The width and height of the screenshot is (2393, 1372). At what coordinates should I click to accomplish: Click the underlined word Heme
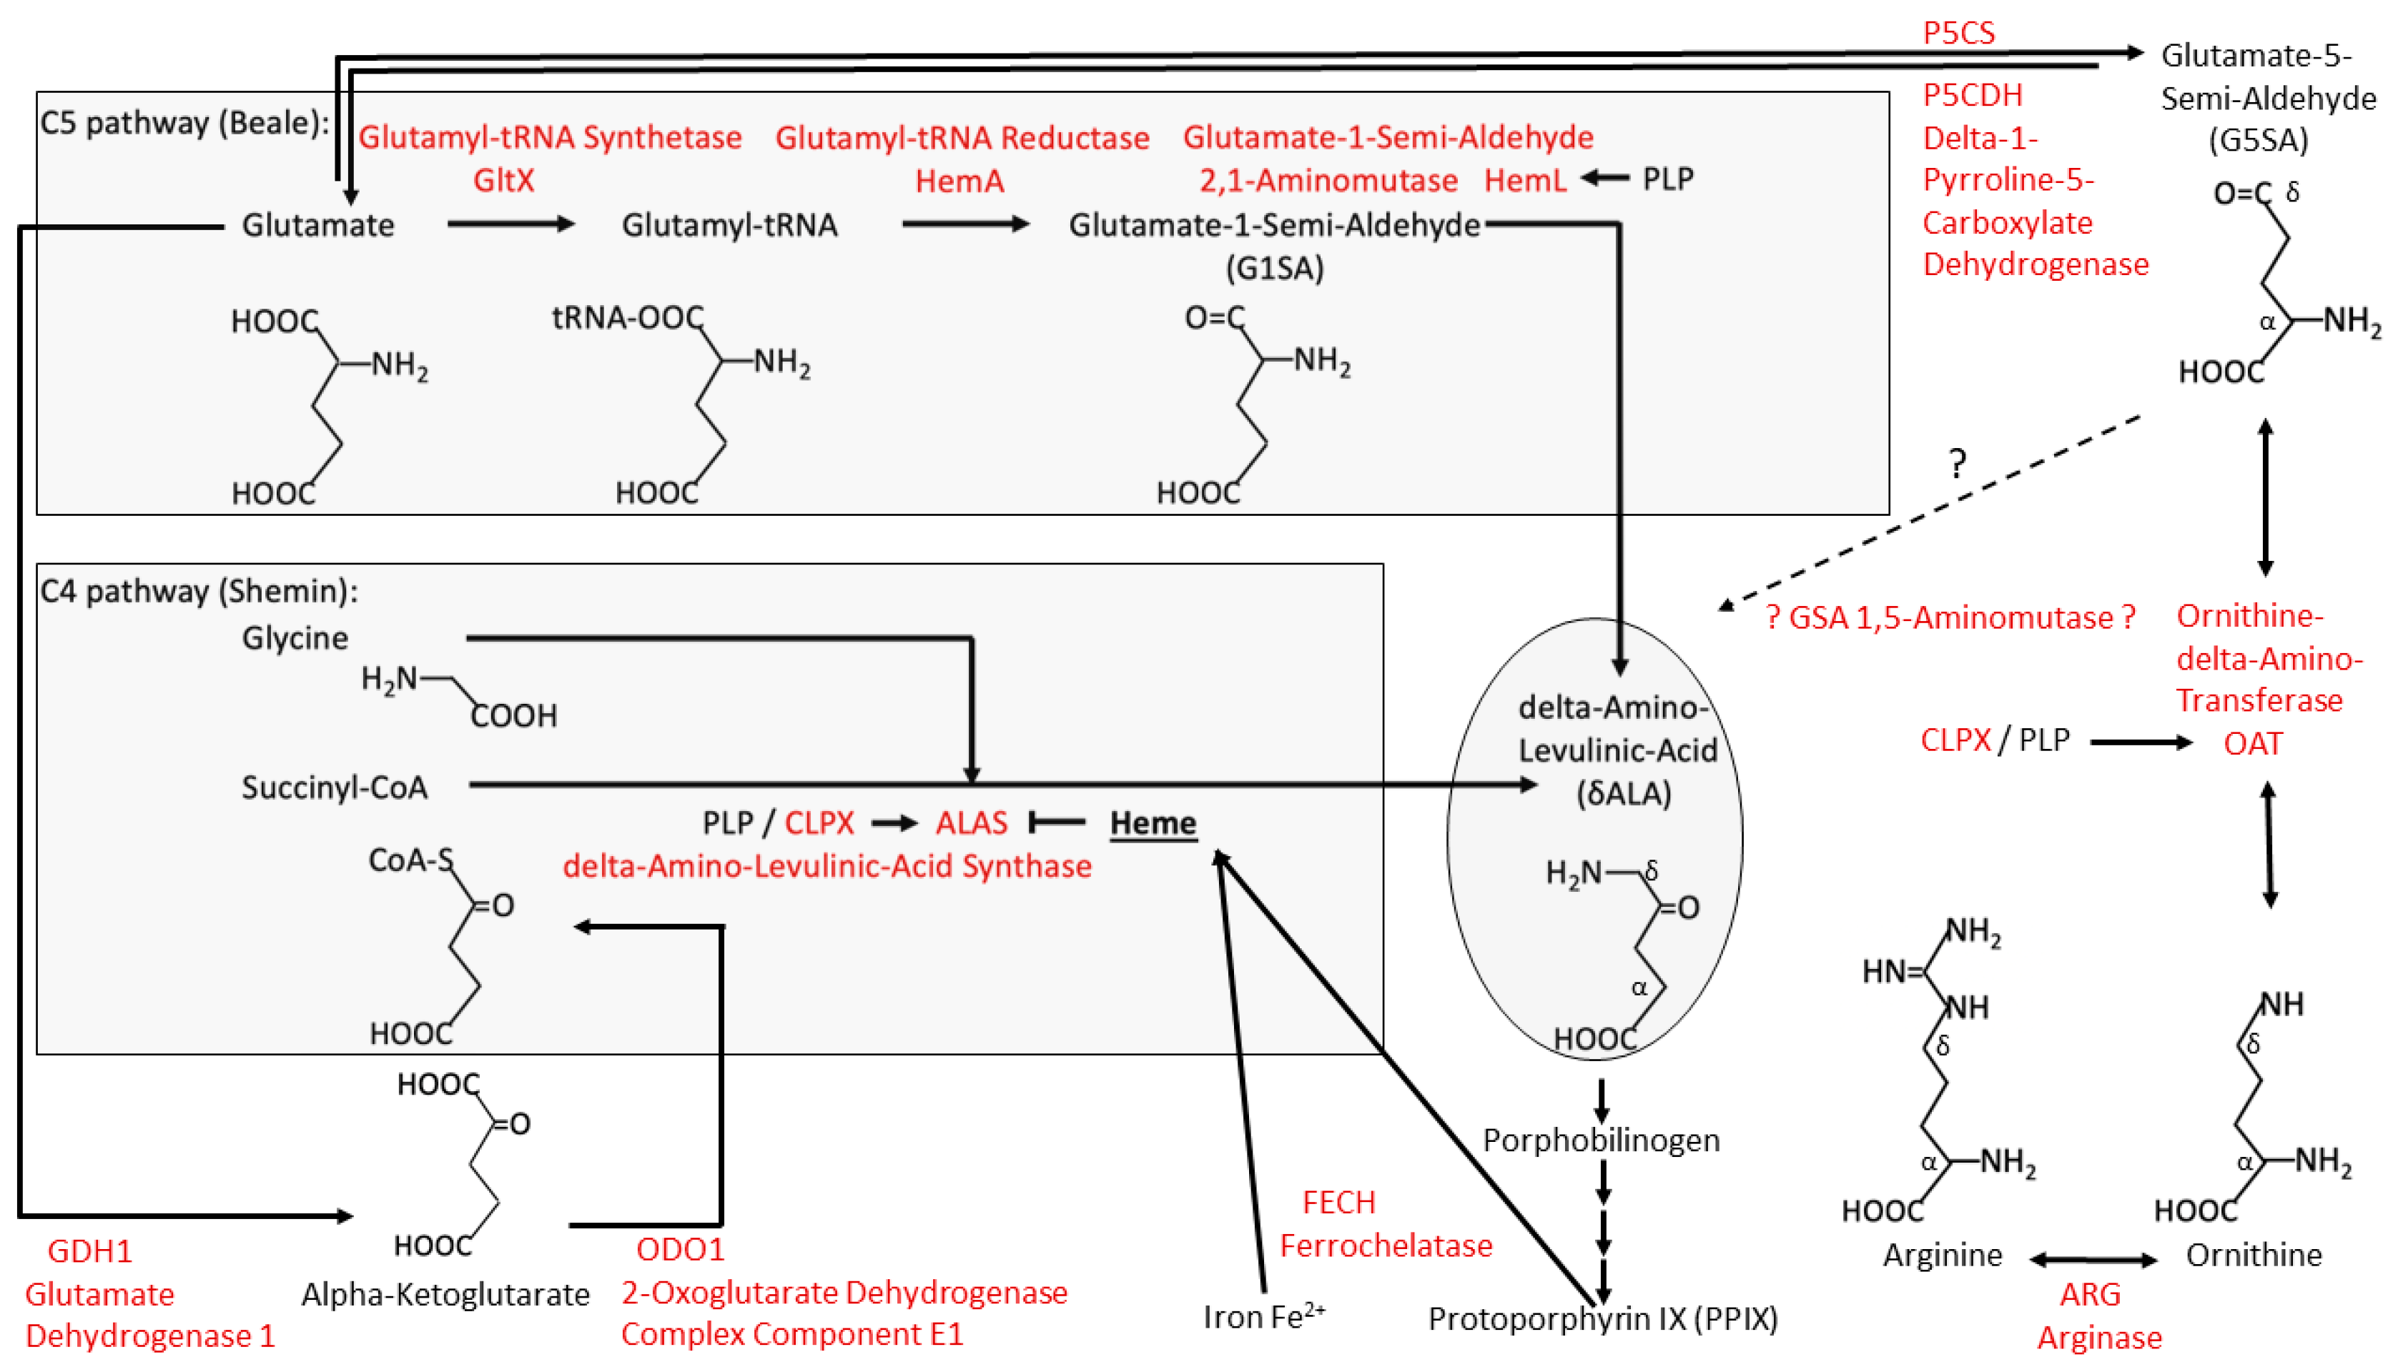(1153, 822)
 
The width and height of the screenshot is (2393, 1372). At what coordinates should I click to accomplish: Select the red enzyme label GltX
(503, 179)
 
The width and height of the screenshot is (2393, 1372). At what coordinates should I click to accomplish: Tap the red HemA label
(959, 180)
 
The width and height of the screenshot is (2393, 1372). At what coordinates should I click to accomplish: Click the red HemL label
(1524, 179)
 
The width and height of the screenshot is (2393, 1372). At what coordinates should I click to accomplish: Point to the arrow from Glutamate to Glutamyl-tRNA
(510, 224)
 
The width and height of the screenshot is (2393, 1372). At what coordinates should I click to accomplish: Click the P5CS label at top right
(1958, 33)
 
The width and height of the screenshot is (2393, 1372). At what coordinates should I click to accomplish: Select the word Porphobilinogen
(1600, 1140)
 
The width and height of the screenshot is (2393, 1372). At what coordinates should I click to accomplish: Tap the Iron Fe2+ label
(1263, 1316)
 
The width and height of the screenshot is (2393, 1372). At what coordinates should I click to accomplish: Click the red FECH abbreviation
(1338, 1203)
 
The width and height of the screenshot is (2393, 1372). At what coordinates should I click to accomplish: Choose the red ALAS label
(971, 822)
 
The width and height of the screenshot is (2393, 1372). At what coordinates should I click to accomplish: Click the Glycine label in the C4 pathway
(295, 638)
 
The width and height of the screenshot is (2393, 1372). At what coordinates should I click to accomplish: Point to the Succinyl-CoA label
(335, 787)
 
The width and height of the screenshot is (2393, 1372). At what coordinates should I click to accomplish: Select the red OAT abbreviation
(2253, 743)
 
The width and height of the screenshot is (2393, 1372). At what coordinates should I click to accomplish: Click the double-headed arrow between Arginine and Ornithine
(2092, 1259)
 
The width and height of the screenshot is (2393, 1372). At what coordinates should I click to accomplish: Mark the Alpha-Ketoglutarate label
(445, 1294)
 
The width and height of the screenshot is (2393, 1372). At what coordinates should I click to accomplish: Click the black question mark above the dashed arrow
(1958, 464)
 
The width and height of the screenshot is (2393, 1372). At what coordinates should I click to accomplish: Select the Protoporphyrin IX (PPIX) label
(1602, 1318)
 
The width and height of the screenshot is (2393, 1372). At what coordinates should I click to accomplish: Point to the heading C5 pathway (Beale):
(184, 122)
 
